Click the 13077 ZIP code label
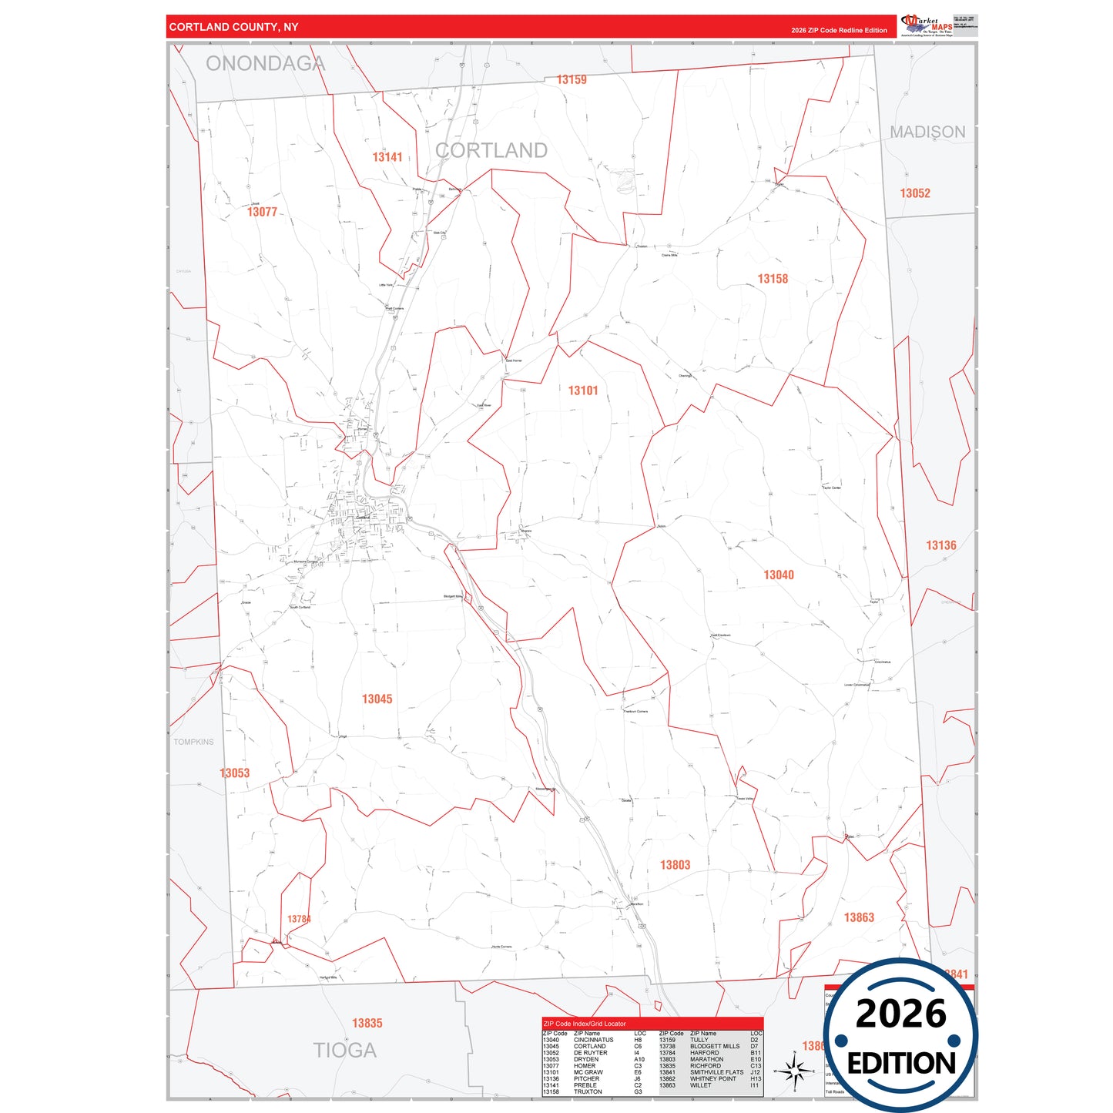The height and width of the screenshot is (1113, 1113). (x=262, y=212)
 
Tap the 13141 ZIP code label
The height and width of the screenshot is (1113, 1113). (x=387, y=157)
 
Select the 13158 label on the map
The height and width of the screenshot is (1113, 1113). (x=773, y=279)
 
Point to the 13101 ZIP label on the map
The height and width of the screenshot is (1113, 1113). (x=583, y=391)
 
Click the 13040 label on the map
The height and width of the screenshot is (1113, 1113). (x=779, y=575)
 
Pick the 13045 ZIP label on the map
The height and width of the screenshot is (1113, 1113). (x=377, y=699)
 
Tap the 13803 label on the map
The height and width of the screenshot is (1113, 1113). (x=675, y=865)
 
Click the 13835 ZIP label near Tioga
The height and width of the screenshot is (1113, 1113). (x=367, y=1023)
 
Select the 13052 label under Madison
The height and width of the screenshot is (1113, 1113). (x=915, y=193)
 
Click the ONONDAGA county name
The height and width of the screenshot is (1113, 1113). (x=265, y=64)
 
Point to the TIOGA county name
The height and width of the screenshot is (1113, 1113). (x=344, y=1050)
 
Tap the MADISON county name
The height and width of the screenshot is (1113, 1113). (x=927, y=132)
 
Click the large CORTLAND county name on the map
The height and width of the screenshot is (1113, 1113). (x=491, y=150)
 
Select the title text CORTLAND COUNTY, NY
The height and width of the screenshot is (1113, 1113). (x=233, y=27)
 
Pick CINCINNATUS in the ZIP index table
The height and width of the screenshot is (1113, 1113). (x=593, y=1040)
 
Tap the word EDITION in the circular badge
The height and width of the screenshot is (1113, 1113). (x=901, y=1064)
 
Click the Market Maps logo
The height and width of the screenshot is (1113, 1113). (x=927, y=25)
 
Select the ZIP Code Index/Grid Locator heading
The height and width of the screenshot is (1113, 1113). (x=585, y=1024)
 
